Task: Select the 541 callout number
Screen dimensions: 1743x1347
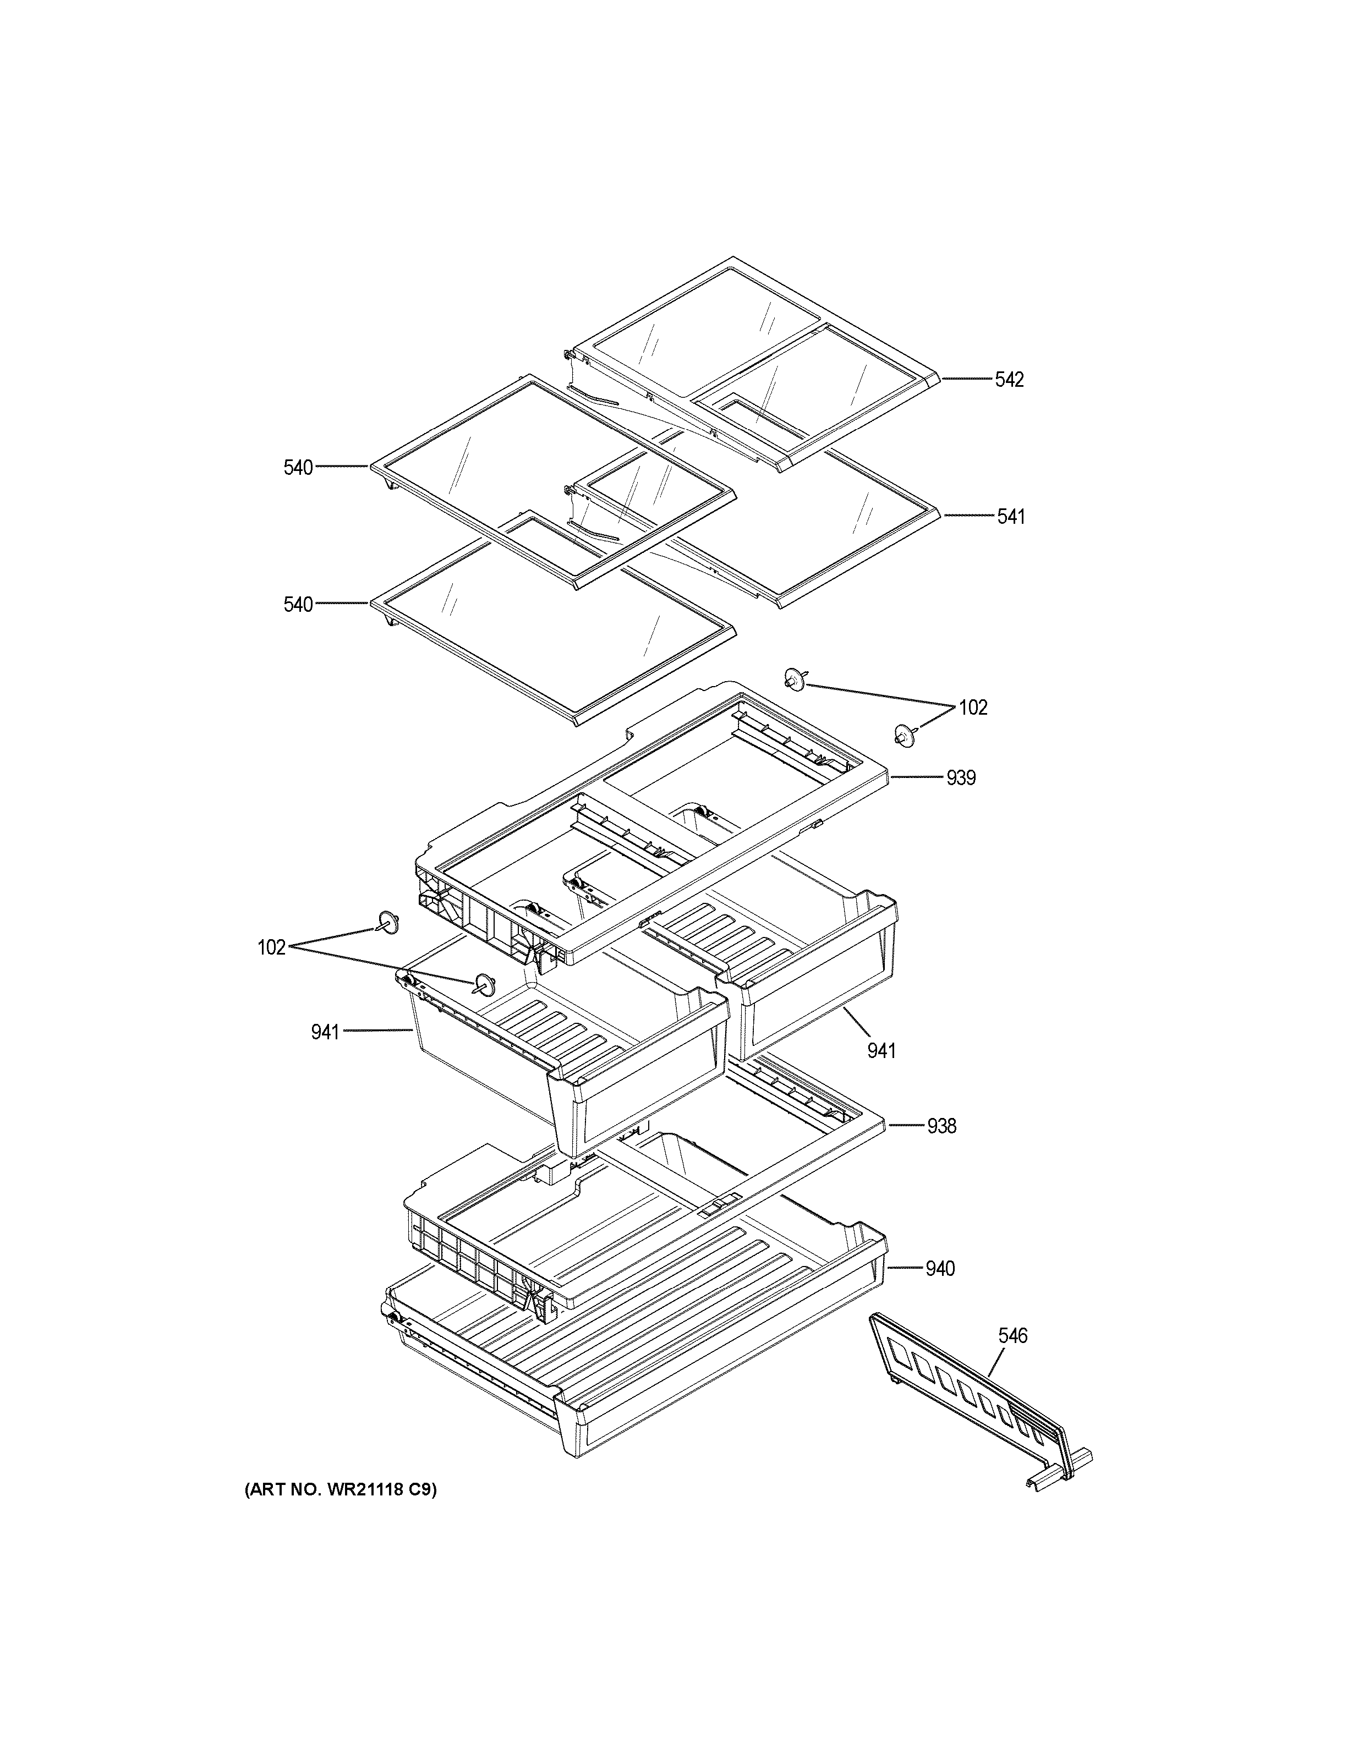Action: point(1010,517)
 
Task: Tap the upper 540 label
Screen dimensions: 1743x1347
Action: point(298,468)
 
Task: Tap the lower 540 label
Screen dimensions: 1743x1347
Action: point(298,605)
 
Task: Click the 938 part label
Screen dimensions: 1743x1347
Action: point(941,1126)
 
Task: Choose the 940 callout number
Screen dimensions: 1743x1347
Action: point(939,1269)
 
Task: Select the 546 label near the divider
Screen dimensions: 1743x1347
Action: point(1012,1336)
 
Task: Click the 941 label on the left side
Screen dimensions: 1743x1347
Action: point(326,1033)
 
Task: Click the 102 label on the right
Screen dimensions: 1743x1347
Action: point(972,708)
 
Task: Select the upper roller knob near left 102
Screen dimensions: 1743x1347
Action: point(388,923)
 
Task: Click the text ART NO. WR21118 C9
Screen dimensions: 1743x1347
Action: point(341,1489)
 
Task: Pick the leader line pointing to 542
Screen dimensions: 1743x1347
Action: point(966,380)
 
